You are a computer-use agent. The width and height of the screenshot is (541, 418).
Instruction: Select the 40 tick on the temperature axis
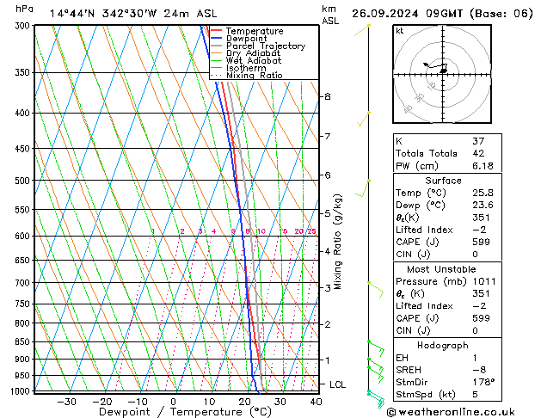coord(316,401)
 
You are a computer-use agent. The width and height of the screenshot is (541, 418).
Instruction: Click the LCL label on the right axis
coord(338,384)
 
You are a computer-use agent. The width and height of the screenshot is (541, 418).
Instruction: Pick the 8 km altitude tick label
coord(327,96)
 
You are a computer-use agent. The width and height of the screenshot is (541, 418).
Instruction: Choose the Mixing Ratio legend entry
coord(254,75)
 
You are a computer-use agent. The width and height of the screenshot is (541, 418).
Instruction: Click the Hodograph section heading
coord(443,344)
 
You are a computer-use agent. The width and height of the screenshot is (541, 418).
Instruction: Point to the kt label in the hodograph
coord(400,30)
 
